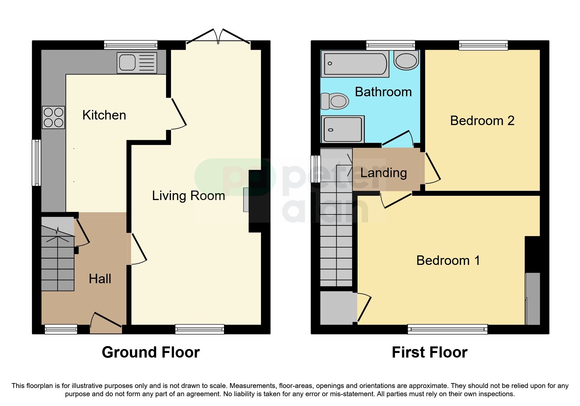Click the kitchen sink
(137, 63)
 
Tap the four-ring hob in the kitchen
(54, 118)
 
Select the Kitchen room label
(104, 115)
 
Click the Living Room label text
(188, 196)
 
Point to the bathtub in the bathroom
(355, 64)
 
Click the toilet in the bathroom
(335, 101)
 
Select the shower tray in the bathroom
(343, 129)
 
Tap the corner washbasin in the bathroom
(406, 60)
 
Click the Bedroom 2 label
(482, 121)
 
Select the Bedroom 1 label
(448, 261)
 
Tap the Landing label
(384, 173)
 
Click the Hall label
(100, 279)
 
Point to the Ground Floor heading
(151, 352)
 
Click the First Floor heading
(429, 352)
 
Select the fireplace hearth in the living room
(246, 200)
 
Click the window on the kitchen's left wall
(36, 163)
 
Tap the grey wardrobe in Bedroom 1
(533, 299)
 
